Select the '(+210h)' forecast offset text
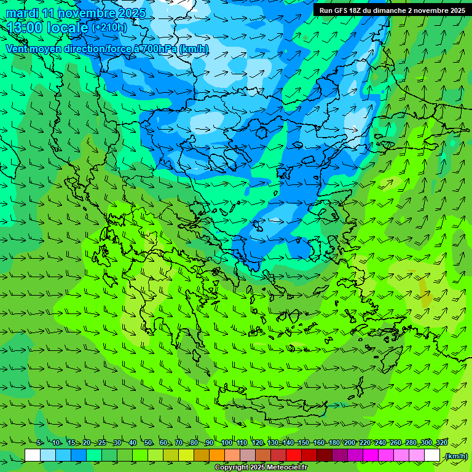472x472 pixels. (x=109, y=28)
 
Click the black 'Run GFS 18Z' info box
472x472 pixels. (x=392, y=10)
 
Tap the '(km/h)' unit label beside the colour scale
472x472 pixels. (x=456, y=456)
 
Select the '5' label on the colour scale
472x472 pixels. (x=39, y=442)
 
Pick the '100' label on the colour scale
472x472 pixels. (x=226, y=442)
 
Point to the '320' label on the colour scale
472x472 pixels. (x=441, y=442)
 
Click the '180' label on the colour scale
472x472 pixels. (x=334, y=442)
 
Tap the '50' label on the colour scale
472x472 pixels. (x=148, y=442)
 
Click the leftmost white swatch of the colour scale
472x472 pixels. (x=33, y=455)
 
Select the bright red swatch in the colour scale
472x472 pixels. (x=294, y=455)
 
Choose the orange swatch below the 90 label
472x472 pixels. (x=217, y=455)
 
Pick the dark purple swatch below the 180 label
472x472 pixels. (x=340, y=455)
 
